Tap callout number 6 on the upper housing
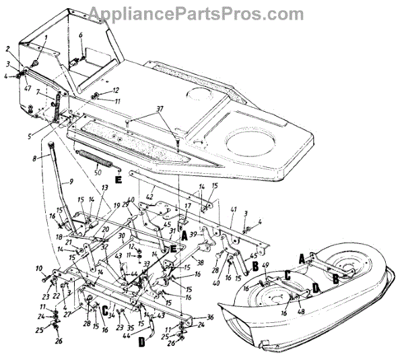tap(80, 34)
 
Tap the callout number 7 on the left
tap(39, 92)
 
